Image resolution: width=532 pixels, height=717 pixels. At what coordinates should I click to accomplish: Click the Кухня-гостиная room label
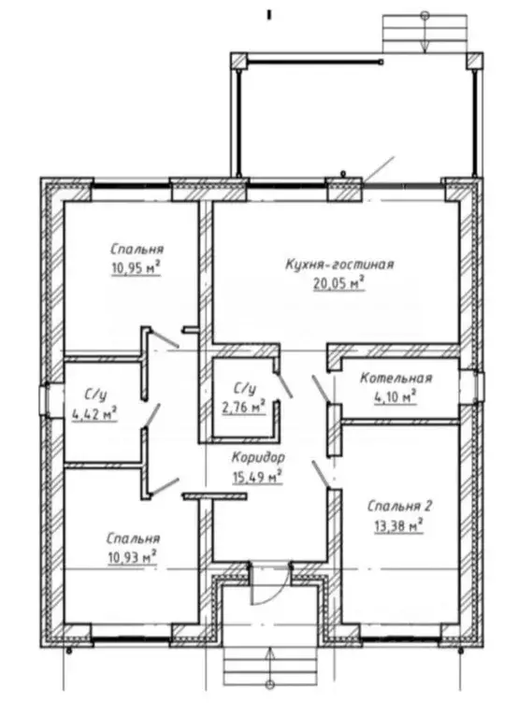point(339,265)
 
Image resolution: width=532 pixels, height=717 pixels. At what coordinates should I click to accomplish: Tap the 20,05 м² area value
point(339,284)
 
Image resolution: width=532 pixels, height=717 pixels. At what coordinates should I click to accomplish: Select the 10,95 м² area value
point(136,268)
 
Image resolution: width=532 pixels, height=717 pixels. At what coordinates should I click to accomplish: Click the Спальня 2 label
point(400,506)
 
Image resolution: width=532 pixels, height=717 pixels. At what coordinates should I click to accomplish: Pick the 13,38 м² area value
point(398,525)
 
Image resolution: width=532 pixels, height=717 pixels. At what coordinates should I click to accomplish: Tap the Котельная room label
point(396,379)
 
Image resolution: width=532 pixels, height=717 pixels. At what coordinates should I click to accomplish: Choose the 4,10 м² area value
point(395,397)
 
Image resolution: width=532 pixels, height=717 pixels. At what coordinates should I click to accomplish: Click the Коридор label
point(258,458)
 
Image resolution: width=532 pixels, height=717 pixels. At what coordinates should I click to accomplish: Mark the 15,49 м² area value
point(256,477)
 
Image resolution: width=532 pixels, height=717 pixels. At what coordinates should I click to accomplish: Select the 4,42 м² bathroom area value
point(94,413)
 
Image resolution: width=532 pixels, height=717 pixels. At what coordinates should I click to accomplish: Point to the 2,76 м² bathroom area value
point(244,407)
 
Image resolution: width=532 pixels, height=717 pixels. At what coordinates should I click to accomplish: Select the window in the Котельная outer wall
point(477,387)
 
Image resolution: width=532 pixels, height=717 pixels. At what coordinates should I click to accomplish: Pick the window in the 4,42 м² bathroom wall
point(45,400)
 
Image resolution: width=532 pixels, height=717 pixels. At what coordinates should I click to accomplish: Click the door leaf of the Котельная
point(320,389)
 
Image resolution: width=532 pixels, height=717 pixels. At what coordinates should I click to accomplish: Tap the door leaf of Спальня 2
point(321,475)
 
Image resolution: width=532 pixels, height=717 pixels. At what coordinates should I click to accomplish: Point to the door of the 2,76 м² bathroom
point(283,385)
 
